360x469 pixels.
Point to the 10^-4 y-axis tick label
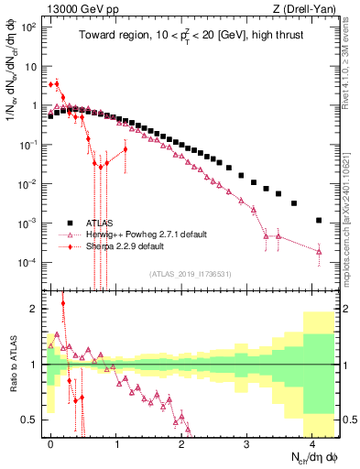point(27,263)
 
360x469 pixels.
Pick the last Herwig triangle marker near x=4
point(319,251)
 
